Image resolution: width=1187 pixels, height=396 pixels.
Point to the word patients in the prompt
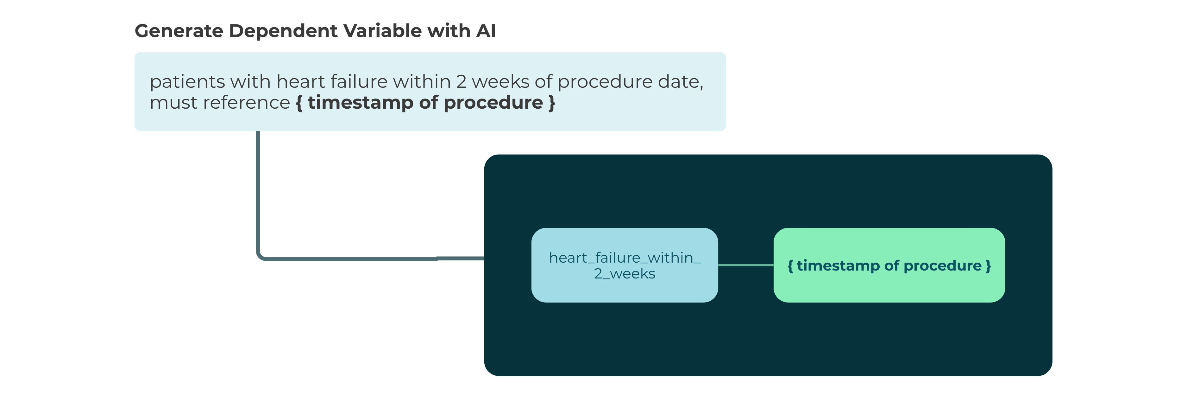click(x=187, y=82)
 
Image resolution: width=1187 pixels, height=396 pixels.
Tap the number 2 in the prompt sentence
click(x=461, y=82)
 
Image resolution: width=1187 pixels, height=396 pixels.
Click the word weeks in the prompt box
click(x=500, y=82)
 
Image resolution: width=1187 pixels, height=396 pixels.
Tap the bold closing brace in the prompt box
click(x=552, y=102)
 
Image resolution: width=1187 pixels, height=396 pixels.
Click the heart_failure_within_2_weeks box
click(x=625, y=265)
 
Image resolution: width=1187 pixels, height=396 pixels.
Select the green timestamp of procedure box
click(x=889, y=265)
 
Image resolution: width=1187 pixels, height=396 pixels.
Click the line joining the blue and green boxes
click(x=745, y=265)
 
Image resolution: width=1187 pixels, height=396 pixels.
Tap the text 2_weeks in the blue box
click(x=625, y=274)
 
